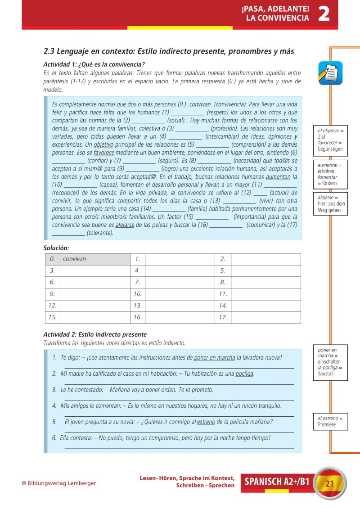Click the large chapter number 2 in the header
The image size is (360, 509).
tap(324, 14)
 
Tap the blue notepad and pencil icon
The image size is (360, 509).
tap(330, 73)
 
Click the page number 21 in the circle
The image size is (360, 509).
tap(329, 484)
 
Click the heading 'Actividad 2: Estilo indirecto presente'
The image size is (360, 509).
tap(94, 334)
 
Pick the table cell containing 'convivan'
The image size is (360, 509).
tap(95, 259)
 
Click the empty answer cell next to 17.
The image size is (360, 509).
tap(265, 317)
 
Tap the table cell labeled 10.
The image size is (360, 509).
tap(138, 294)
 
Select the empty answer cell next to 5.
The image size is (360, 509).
tap(265, 270)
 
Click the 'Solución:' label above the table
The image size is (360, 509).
tap(56, 248)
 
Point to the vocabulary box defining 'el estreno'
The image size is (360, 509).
tap(330, 422)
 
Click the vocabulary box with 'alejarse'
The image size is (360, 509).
tap(330, 204)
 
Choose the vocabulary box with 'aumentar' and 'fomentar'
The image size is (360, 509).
tap(330, 174)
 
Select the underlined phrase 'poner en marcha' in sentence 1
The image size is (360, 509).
tap(214, 358)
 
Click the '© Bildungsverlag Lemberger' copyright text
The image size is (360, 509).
tap(58, 483)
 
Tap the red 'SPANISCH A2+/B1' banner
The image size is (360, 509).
tap(277, 482)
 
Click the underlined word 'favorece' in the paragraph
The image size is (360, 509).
tap(104, 153)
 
